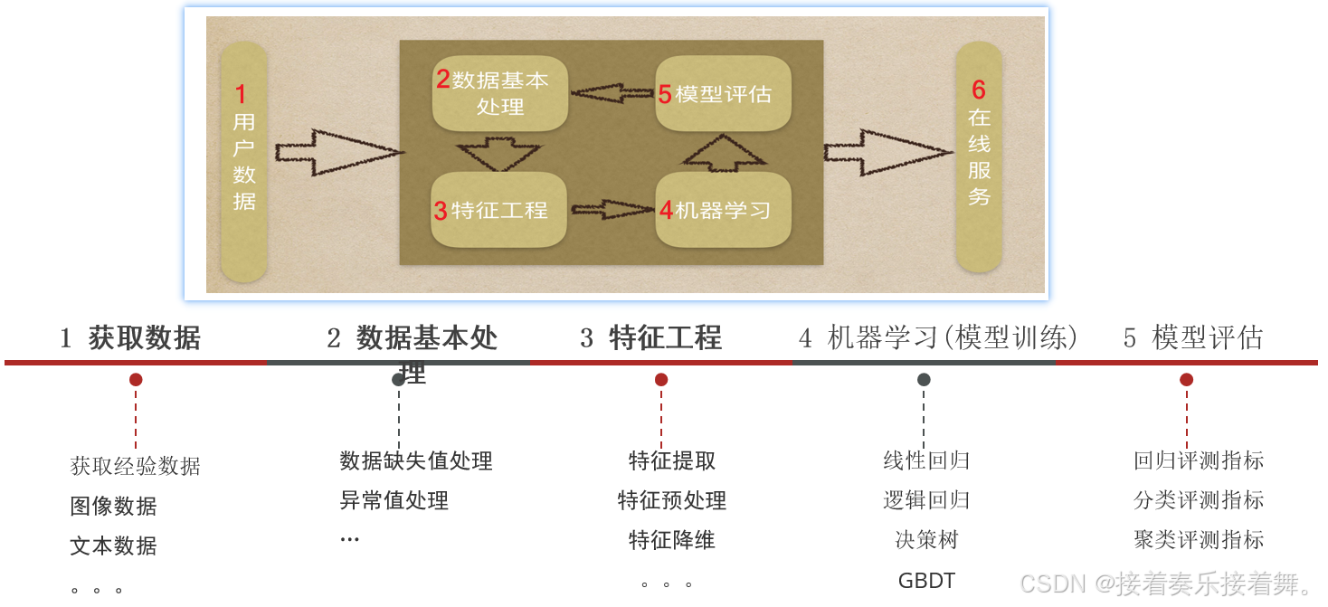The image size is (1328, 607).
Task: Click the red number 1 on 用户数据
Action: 241,94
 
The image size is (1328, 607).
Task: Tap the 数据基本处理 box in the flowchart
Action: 500,94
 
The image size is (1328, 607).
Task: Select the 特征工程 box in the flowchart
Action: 498,210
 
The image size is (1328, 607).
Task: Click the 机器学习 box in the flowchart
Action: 723,210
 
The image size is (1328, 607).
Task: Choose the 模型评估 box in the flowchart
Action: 723,94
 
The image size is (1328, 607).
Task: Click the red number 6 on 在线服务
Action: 979,90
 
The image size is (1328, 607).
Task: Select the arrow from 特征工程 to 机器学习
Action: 612,210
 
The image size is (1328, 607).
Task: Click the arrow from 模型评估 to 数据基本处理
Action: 612,93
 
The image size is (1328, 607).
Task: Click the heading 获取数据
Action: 144,338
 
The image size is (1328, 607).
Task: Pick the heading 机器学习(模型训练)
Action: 938,338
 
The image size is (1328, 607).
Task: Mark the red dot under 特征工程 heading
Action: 661,380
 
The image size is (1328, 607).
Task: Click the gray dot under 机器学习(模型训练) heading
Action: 924,380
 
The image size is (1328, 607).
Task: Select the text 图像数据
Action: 113,507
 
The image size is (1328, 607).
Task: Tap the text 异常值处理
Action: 394,500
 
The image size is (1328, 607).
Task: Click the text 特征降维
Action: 671,540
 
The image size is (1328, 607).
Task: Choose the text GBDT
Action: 926,581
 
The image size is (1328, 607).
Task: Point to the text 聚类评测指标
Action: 1199,540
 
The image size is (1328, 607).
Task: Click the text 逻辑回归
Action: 926,500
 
